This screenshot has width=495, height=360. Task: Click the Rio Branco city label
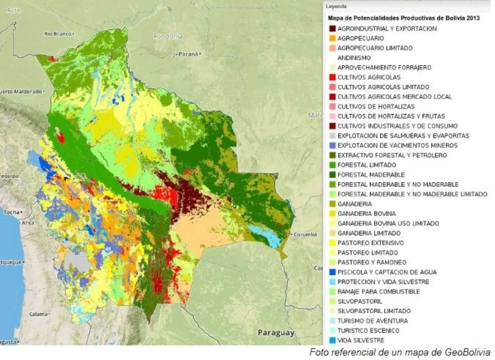(55, 34)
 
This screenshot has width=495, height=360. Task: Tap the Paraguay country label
(276, 332)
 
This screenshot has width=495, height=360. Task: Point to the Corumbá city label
(305, 234)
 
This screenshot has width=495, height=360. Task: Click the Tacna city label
(11, 212)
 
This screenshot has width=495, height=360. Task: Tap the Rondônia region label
(168, 36)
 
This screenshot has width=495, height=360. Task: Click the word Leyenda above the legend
(336, 6)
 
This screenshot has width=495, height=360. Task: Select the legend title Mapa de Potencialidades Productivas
(403, 18)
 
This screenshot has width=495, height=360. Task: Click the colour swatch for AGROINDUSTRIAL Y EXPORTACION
(332, 29)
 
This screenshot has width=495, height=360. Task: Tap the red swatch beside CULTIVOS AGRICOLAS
(332, 77)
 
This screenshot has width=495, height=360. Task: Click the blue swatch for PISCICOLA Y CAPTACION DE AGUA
(332, 272)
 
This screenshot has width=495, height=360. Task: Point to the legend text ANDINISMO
(354, 58)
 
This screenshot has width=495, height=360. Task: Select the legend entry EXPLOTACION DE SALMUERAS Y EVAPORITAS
(403, 136)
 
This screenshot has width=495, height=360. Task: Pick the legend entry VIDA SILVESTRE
(360, 341)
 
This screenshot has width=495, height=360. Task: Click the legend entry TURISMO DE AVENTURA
(372, 321)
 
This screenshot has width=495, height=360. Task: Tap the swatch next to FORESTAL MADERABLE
(332, 175)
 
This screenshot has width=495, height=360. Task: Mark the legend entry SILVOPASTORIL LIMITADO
(374, 311)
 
